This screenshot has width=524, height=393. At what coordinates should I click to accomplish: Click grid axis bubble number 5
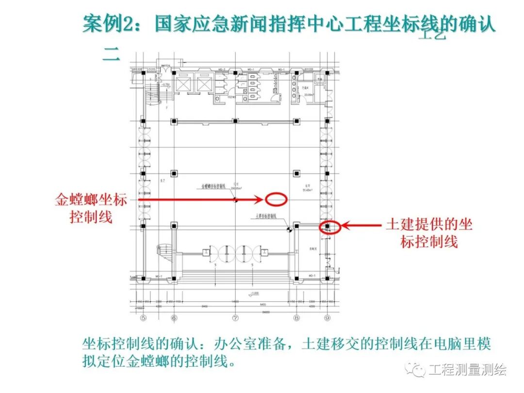[x=143, y=318]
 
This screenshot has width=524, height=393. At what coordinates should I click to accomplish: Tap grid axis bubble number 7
[x=235, y=318]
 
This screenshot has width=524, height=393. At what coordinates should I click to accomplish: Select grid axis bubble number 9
[x=328, y=318]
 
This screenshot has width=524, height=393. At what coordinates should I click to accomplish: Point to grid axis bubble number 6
[x=174, y=318]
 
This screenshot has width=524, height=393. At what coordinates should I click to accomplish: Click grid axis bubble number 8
[x=296, y=318]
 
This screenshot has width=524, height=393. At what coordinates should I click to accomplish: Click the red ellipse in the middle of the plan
[x=277, y=199]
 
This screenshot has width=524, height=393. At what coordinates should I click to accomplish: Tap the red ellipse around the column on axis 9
[x=328, y=227]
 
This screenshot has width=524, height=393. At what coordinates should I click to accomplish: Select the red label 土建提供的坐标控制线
[x=429, y=232]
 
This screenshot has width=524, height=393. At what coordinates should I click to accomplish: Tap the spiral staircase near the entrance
[x=163, y=252]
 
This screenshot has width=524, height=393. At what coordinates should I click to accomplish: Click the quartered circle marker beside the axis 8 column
[x=289, y=229]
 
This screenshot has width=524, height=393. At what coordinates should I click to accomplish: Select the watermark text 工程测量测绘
[x=467, y=370]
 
